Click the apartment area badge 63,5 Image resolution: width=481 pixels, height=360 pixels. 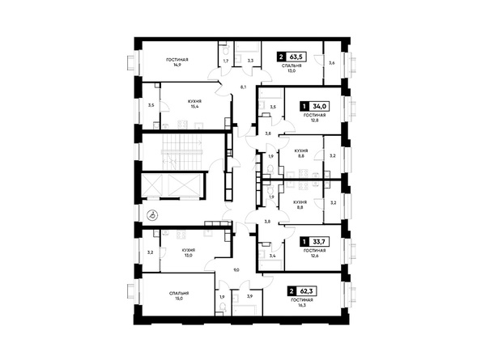point(292,57)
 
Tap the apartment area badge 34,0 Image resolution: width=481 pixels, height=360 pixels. point(314,106)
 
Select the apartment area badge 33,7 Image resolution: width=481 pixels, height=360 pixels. point(314,242)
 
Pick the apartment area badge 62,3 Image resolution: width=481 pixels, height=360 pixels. point(302,290)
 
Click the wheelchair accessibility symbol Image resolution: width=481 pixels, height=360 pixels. point(152,216)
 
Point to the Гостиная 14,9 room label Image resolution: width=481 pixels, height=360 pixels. point(177,62)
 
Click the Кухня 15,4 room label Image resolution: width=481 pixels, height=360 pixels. point(195,104)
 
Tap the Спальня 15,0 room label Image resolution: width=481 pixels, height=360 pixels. point(179,295)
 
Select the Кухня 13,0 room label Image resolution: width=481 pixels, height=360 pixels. point(189,252)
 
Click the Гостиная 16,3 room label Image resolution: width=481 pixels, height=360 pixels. point(302,303)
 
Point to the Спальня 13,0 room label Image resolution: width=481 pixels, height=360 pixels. point(292,68)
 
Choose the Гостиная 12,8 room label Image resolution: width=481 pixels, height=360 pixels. point(314,117)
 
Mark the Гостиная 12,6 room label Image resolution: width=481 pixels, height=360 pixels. point(314,252)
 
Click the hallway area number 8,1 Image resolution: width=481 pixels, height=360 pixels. point(243,87)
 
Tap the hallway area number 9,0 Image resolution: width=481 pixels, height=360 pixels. point(236,270)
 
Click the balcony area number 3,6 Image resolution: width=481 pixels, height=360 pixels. point(332,63)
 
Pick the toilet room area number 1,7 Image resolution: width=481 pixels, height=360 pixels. point(226,61)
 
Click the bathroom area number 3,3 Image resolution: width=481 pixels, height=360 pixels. point(250,61)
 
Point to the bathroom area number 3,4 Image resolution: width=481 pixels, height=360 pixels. point(272,256)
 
